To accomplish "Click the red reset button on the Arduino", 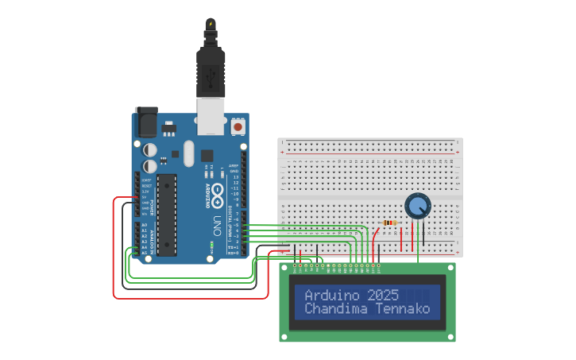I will coord(238,126).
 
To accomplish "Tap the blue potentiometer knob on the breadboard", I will coord(417,206).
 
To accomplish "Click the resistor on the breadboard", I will coord(389,223).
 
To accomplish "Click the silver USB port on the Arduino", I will coord(210,117).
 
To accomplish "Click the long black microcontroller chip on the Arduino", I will coord(167,215).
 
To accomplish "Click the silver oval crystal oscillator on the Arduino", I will coord(188,153).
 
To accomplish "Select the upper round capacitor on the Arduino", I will coord(150,149).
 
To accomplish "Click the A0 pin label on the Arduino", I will coord(144,225).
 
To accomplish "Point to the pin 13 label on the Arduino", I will coord(234,176).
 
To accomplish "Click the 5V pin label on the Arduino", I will coord(145,197).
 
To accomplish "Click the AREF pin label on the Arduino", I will coord(234,165).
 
